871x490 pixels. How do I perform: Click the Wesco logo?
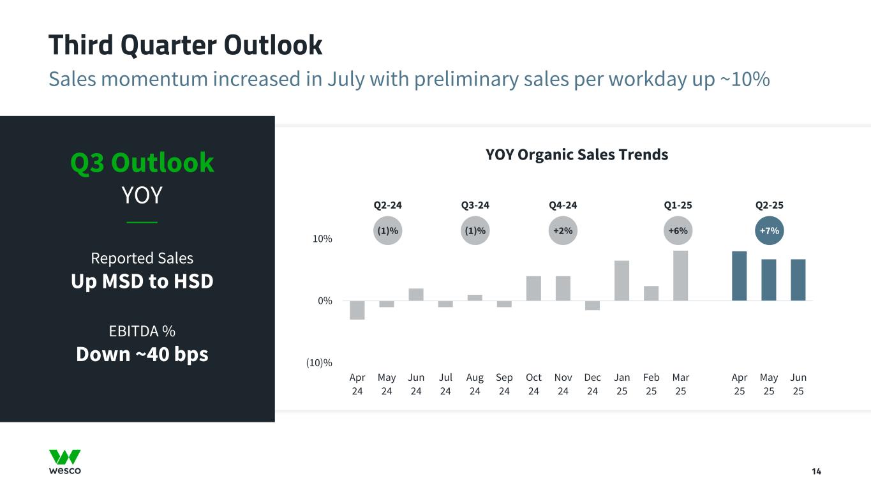(65, 462)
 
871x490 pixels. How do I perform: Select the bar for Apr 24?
(357, 310)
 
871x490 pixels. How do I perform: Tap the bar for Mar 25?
(680, 276)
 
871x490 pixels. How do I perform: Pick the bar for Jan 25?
(622, 281)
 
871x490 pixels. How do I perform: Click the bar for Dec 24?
(592, 306)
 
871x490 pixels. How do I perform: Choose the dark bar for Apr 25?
(739, 276)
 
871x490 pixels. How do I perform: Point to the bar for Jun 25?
(798, 280)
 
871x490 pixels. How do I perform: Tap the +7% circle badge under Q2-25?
(770, 231)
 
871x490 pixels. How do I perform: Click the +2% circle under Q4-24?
(563, 231)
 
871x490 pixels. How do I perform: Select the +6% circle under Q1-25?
(678, 231)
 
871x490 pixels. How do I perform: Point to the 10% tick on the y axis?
(322, 239)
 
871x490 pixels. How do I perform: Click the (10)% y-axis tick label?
(319, 363)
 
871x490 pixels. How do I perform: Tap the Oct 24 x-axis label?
(533, 384)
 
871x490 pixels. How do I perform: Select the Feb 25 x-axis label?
(651, 384)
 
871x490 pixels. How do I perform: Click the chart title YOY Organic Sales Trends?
(577, 154)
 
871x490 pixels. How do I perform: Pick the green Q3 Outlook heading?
(142, 163)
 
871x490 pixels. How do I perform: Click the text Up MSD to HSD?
(142, 281)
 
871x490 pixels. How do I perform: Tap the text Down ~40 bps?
(142, 354)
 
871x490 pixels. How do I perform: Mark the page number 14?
(816, 471)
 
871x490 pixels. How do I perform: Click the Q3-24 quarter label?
(475, 205)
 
